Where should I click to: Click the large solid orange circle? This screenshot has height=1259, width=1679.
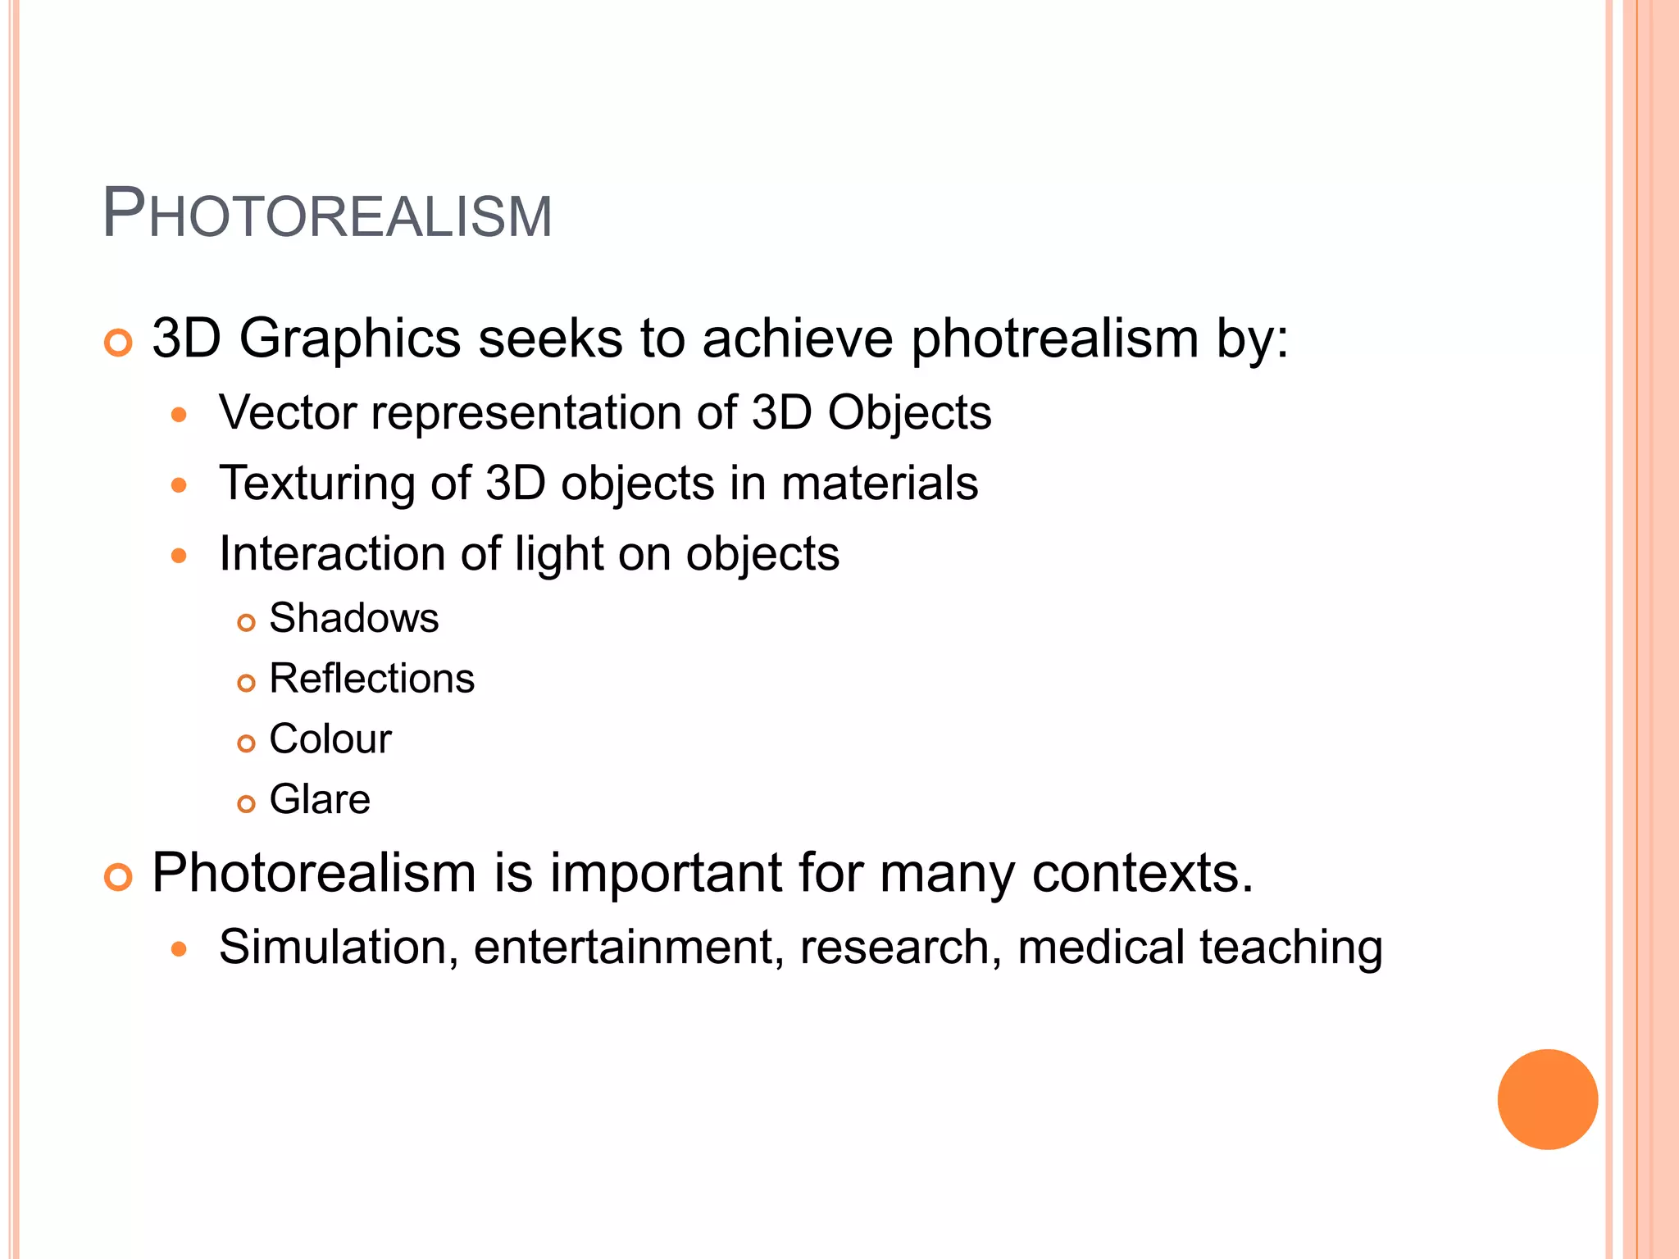click(x=1547, y=1099)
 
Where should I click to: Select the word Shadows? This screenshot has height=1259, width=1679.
click(x=354, y=618)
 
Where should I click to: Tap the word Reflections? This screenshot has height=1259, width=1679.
click(x=372, y=679)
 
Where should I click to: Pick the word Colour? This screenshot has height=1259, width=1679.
click(x=330, y=739)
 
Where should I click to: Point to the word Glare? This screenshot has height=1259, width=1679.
click(x=320, y=800)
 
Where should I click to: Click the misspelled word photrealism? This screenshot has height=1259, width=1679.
click(x=1055, y=339)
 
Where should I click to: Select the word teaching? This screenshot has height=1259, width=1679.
click(x=1291, y=948)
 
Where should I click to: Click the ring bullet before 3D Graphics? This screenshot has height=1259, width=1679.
click(x=119, y=343)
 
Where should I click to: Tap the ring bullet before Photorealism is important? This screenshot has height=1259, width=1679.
click(x=119, y=877)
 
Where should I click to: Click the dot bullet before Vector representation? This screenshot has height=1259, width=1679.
click(x=180, y=415)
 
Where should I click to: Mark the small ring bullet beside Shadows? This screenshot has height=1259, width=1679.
click(x=246, y=623)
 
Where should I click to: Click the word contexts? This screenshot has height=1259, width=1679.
click(x=1143, y=874)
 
